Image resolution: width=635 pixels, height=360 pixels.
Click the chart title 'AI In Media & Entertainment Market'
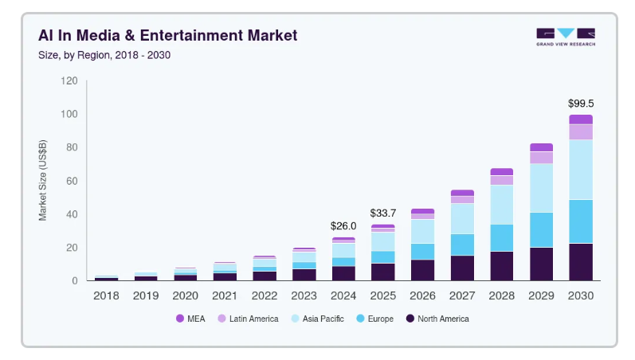pos(167,36)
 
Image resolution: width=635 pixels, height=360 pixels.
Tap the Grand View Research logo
pos(565,37)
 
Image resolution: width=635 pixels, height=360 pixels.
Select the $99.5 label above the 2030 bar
pos(580,104)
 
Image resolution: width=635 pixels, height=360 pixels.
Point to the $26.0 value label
pos(343,226)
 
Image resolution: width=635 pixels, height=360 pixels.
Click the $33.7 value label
pos(382,213)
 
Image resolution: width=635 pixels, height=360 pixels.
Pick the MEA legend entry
pos(190,319)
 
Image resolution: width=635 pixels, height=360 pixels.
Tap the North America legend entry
pos(437,319)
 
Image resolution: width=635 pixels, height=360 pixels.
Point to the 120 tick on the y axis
pos(69,81)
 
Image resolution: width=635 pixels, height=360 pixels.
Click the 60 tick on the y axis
pos(72,181)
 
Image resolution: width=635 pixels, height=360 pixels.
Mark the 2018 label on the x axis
pos(106,295)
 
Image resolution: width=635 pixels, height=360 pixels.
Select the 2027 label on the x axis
pos(462,295)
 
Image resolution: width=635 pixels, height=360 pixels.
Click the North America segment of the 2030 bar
pos(580,262)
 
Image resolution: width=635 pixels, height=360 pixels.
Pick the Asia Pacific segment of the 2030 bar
pos(580,169)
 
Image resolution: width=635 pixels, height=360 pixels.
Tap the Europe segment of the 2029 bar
pos(541,229)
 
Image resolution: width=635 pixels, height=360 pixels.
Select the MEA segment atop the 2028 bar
pos(501,171)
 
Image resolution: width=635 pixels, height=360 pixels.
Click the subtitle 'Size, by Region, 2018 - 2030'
pos(104,55)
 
